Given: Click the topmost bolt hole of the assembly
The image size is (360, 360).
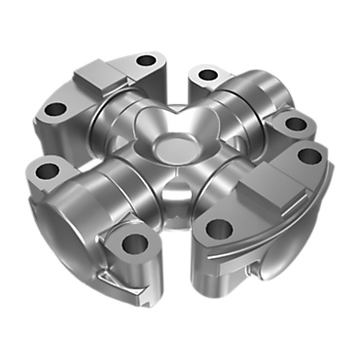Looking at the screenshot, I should point(146,60).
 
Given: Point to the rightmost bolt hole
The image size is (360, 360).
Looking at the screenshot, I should point(308,156).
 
